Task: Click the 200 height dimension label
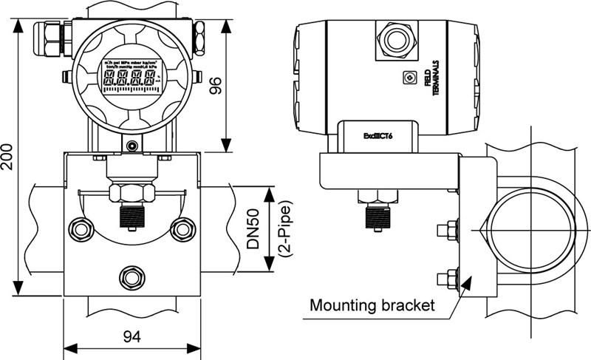(x=7, y=154)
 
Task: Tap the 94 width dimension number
(x=132, y=337)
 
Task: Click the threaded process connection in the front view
(x=131, y=216)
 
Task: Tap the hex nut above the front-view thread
(x=131, y=193)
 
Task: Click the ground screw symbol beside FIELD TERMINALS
(x=408, y=77)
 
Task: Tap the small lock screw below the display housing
(x=131, y=146)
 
